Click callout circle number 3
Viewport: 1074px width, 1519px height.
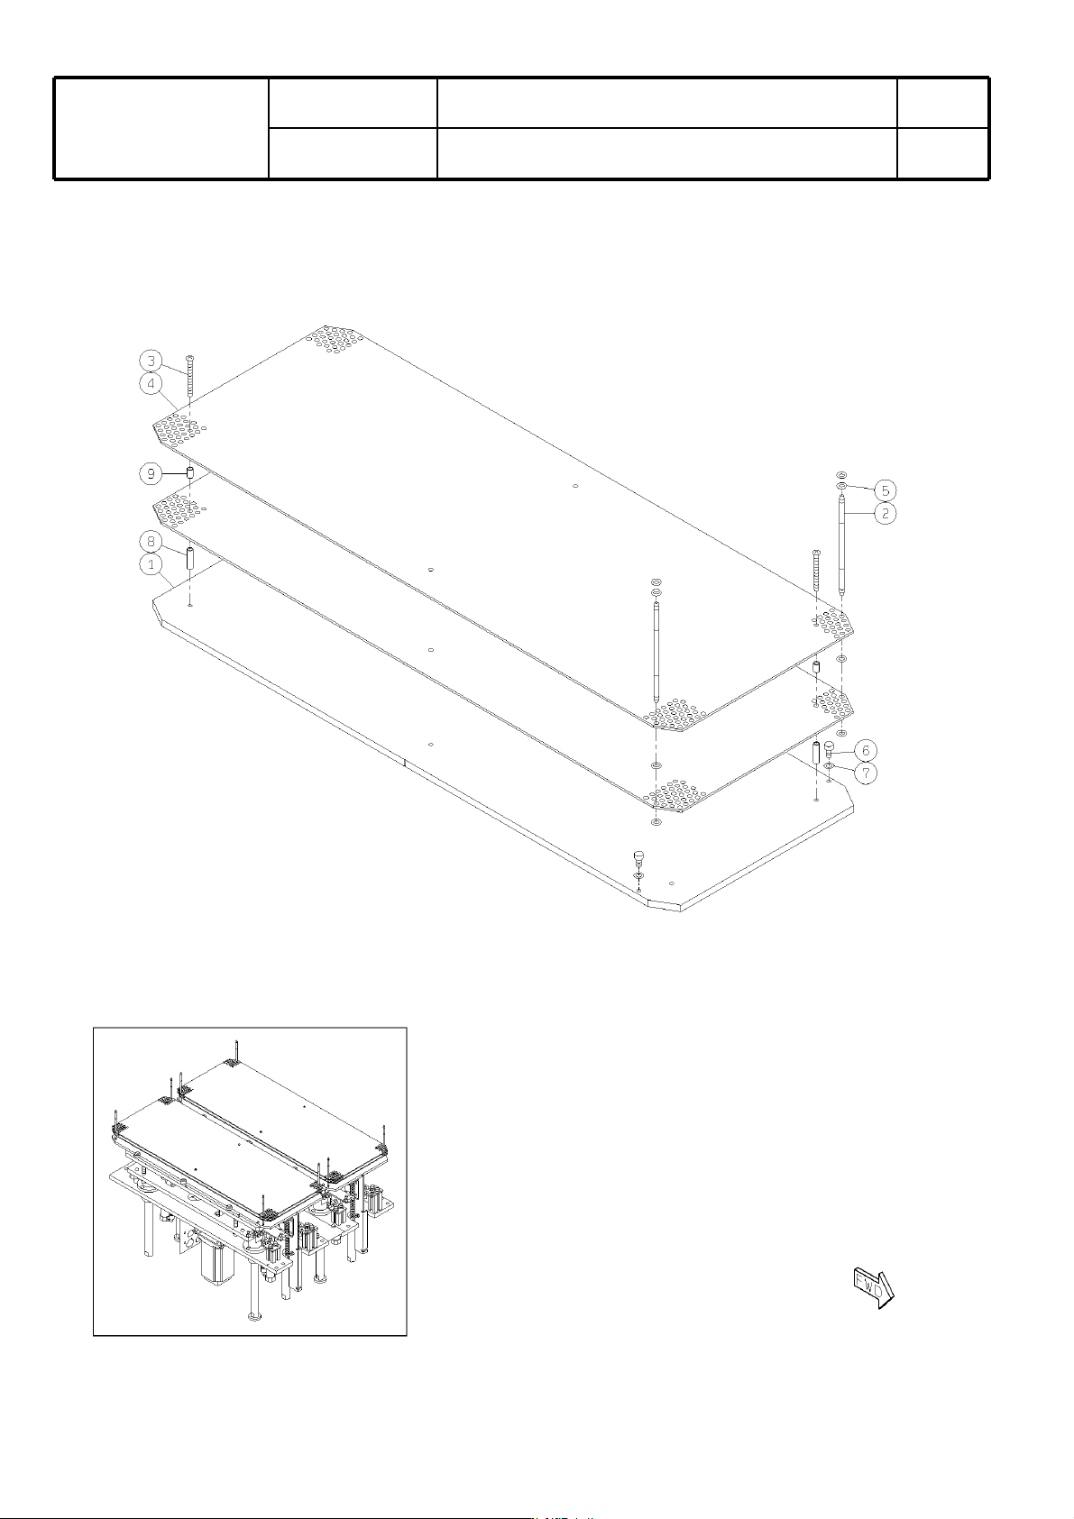[151, 360]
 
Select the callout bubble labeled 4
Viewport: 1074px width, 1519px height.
[151, 383]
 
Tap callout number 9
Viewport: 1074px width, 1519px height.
[151, 472]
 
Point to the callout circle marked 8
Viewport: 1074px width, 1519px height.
[151, 541]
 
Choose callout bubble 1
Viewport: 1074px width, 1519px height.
[151, 563]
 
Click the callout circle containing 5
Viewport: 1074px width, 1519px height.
[885, 490]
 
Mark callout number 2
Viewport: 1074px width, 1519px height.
[885, 513]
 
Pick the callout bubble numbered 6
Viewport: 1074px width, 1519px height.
[865, 750]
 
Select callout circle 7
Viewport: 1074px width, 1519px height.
[865, 773]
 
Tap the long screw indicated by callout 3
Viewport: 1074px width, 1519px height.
[190, 382]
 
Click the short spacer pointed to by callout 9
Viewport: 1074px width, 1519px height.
[190, 472]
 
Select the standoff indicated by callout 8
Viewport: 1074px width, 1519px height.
[190, 559]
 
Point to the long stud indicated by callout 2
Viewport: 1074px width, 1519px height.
[841, 545]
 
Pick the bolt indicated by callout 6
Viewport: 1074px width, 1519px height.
[829, 750]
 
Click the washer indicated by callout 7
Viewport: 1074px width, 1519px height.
[829, 765]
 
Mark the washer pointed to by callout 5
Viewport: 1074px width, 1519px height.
[841, 486]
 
